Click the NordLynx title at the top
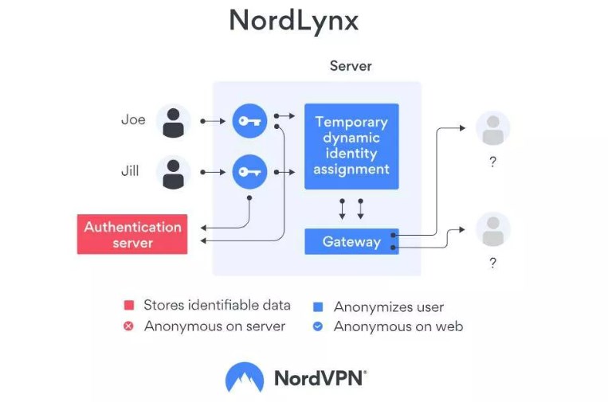pyautogui.click(x=293, y=21)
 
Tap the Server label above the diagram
pyautogui.click(x=351, y=66)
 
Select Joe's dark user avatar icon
pyautogui.click(x=173, y=121)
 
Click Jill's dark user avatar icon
pyautogui.click(x=173, y=172)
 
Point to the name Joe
pyautogui.click(x=133, y=120)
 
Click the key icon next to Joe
pyautogui.click(x=249, y=121)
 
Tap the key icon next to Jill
pyautogui.click(x=249, y=172)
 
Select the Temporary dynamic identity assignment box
pyautogui.click(x=351, y=146)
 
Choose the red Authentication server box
pyautogui.click(x=132, y=234)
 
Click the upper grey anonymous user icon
pyautogui.click(x=492, y=128)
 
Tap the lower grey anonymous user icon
pyautogui.click(x=492, y=229)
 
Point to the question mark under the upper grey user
pyautogui.click(x=492, y=162)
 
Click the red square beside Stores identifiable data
pyautogui.click(x=128, y=306)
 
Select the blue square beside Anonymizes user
pyautogui.click(x=318, y=306)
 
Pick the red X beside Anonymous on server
pyautogui.click(x=128, y=326)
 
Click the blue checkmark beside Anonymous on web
pyautogui.click(x=318, y=326)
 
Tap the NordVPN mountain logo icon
pyautogui.click(x=245, y=377)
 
